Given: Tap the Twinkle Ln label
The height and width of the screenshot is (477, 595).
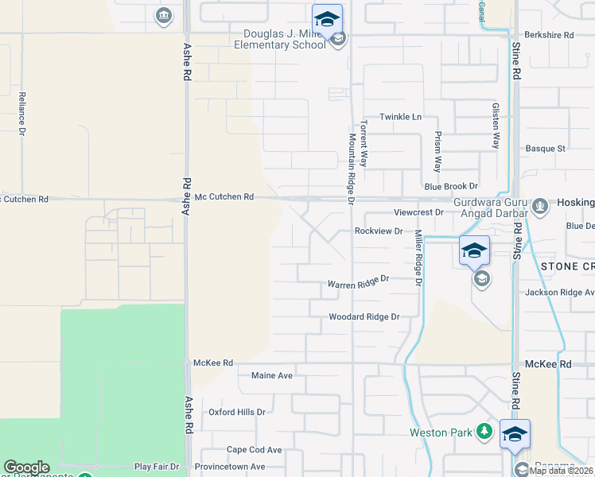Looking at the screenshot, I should pos(400,117).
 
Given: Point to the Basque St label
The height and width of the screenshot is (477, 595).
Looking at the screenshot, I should pos(546,149).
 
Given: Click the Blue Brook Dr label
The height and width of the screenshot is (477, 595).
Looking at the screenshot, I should pos(451,186).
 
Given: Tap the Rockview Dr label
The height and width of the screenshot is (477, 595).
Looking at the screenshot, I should pos(379,231).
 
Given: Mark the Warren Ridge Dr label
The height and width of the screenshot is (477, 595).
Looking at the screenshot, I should pos(358,282).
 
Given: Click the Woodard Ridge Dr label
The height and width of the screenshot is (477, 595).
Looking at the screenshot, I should pos(364,317).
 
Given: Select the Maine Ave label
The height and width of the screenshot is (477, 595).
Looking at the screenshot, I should pos(274,375).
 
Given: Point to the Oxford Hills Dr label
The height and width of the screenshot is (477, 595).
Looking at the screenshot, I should pos(236,413).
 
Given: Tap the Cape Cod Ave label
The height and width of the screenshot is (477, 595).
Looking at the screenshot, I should pos(255,450).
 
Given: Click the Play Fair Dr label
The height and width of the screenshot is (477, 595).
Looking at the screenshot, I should pos(157,466).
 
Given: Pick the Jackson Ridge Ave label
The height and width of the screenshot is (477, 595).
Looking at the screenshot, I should pos(559,293).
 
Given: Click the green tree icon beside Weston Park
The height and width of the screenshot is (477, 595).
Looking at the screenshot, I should pos(484,432).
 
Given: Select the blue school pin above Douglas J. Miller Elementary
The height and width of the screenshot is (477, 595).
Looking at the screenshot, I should pos(327,18).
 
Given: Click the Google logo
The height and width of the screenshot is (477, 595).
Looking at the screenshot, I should pos(26,467).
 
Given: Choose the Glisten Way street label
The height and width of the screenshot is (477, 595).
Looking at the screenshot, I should pos(496,126).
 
